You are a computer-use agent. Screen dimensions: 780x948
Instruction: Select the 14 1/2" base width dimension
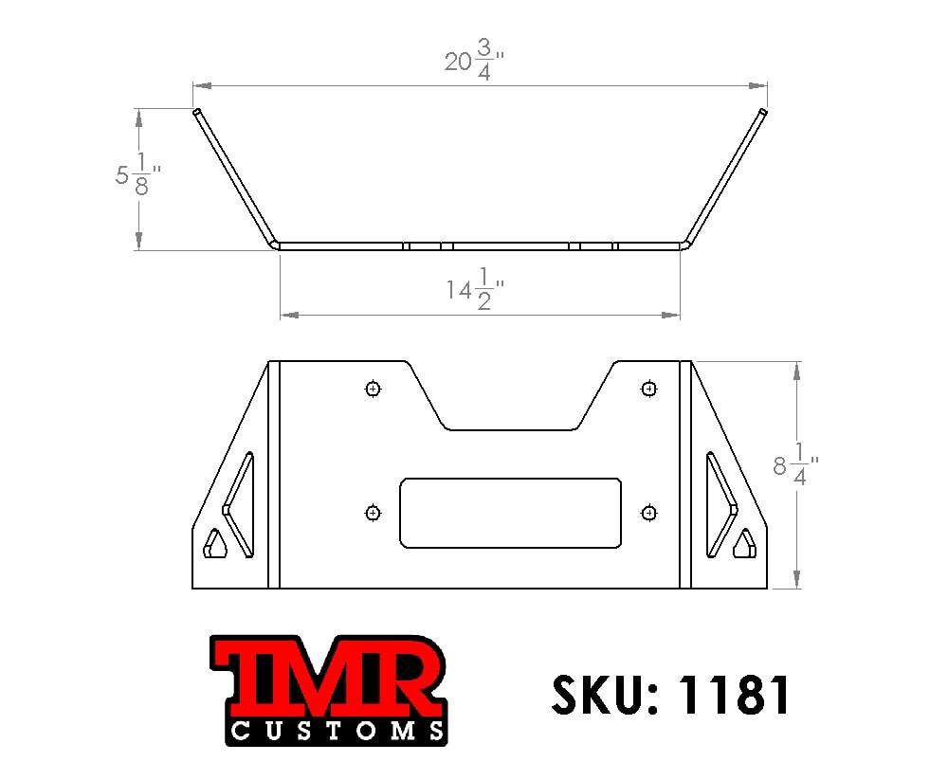474,290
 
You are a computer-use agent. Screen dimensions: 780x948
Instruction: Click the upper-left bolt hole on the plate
373,389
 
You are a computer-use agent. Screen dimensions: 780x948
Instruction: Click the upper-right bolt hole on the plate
648,389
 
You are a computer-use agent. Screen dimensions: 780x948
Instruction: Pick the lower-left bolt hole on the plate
373,513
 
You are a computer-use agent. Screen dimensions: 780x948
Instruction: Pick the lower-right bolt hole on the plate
648,513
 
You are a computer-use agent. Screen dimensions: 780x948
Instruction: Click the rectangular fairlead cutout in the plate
510,512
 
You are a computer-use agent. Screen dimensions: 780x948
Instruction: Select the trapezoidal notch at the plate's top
511,403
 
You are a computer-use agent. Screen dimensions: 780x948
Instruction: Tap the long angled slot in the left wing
240,502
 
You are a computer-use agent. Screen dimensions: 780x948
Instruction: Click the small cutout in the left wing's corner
215,544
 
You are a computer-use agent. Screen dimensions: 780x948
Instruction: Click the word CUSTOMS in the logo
337,731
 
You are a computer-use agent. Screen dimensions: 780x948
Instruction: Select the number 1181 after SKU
734,695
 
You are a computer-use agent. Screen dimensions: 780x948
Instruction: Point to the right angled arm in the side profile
724,177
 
